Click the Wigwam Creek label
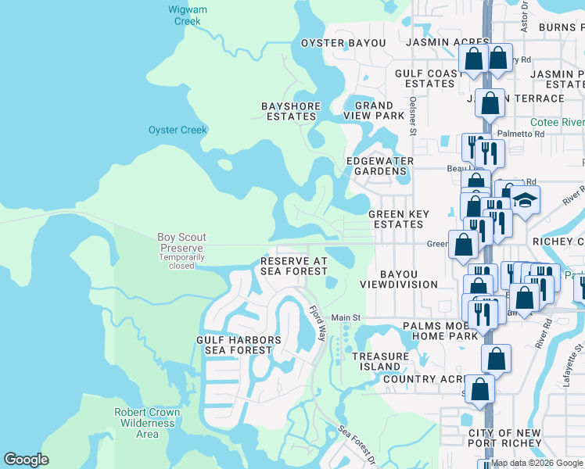(x=186, y=16)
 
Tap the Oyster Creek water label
(x=178, y=130)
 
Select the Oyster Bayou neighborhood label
(x=343, y=43)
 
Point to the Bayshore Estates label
(x=289, y=110)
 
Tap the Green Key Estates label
(x=397, y=219)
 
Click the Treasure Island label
(x=380, y=361)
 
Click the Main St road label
(x=345, y=317)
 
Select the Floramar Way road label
(x=316, y=323)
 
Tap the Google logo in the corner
(x=26, y=460)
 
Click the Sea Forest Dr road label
(x=357, y=443)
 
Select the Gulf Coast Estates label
(x=425, y=78)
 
